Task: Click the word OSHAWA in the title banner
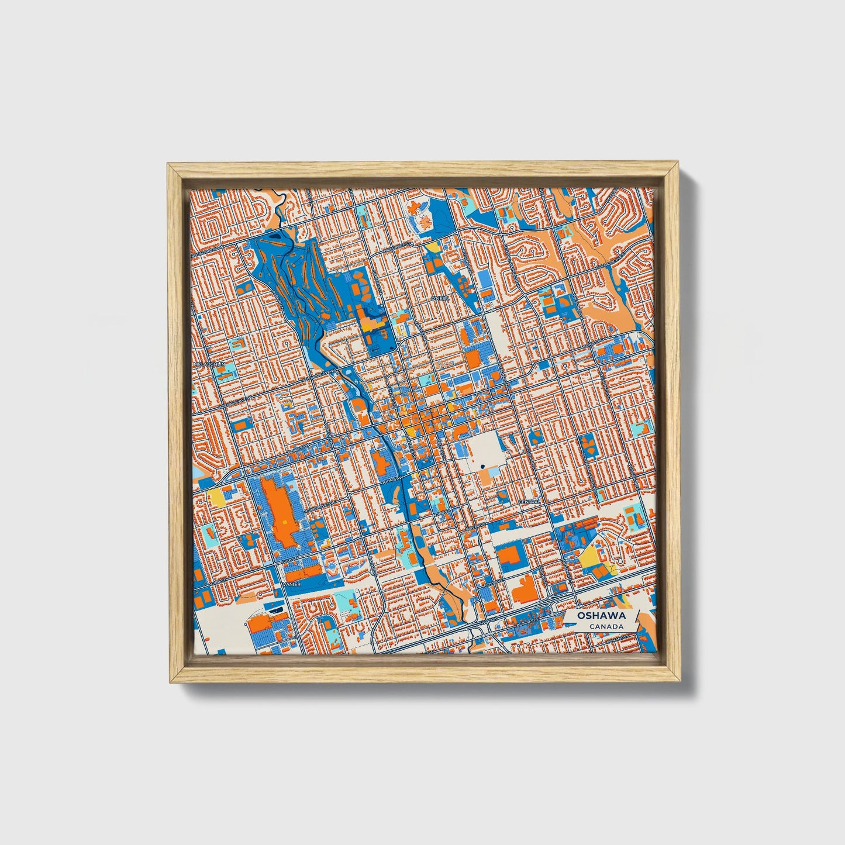(601, 616)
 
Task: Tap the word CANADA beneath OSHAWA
(606, 626)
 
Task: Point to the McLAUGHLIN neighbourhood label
(206, 364)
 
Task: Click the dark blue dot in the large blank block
(482, 466)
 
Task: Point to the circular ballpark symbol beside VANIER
(332, 567)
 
